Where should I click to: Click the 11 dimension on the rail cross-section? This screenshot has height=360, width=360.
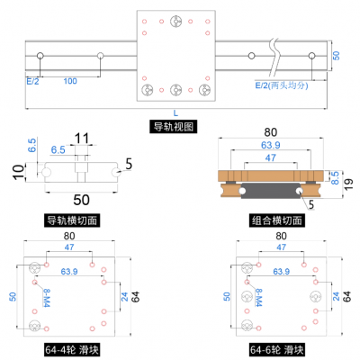[x=82, y=139]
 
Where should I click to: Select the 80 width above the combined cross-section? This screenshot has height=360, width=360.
[x=270, y=133]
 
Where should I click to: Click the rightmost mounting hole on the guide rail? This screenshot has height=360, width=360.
[x=313, y=57]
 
